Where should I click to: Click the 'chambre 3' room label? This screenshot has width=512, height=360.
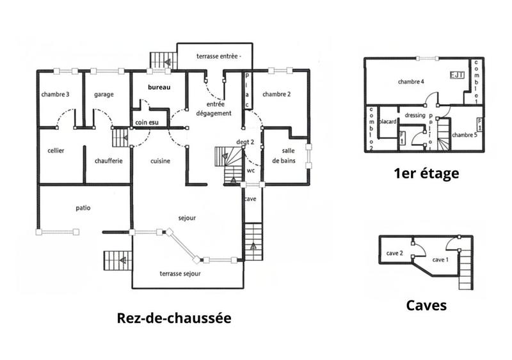pos(55,95)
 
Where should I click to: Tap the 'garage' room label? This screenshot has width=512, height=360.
pos(104,95)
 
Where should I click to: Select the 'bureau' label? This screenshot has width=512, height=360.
pos(159,87)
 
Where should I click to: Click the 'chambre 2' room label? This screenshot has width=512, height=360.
pos(276,95)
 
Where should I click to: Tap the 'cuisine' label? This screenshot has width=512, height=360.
pos(160,161)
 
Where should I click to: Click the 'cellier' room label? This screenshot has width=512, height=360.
pos(56,151)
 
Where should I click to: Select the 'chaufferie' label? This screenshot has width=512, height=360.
pos(108,161)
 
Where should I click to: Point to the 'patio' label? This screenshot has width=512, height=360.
pos(83,208)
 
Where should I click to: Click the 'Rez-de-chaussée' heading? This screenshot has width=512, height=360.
pos(173,318)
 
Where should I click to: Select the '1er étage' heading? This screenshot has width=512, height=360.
pos(426,173)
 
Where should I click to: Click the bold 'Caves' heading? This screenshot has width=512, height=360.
pos(426,306)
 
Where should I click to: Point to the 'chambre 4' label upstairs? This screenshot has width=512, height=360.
pos(411,82)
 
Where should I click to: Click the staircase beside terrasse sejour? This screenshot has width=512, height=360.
pos(117,261)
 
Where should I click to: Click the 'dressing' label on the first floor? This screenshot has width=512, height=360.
pos(415,116)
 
